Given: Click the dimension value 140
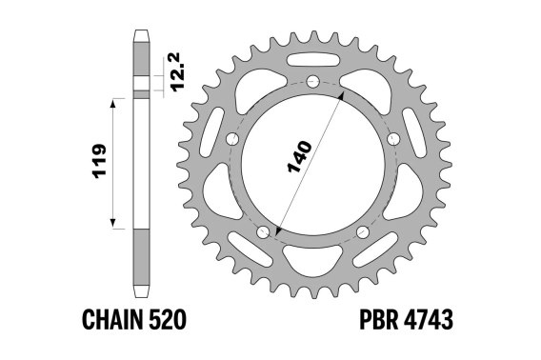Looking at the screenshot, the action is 299,156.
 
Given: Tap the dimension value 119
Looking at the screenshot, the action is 100,161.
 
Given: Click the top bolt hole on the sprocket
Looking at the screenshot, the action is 313,82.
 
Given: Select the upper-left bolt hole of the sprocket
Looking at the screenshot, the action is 232,139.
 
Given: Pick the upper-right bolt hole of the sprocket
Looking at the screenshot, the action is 393,139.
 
